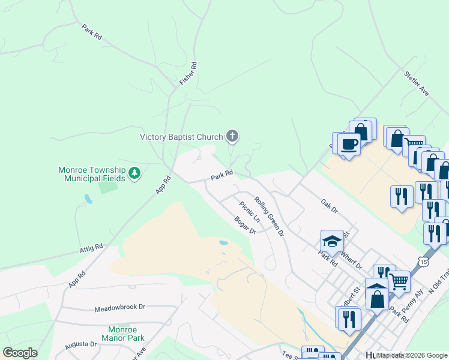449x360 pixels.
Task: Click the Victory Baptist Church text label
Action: click(x=181, y=137)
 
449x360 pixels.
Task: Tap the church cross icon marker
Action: click(x=232, y=137)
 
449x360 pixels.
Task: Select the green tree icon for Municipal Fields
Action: click(x=136, y=174)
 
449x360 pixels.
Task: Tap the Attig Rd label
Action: click(x=91, y=247)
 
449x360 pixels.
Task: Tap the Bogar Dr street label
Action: click(x=246, y=226)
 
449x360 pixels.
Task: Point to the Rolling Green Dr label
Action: click(x=268, y=217)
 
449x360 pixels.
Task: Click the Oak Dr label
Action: click(x=330, y=207)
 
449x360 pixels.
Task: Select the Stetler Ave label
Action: click(x=417, y=85)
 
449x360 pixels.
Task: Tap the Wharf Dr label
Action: click(x=352, y=259)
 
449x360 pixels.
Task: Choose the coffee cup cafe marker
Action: click(x=349, y=144)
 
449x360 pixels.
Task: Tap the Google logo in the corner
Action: click(x=20, y=352)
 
